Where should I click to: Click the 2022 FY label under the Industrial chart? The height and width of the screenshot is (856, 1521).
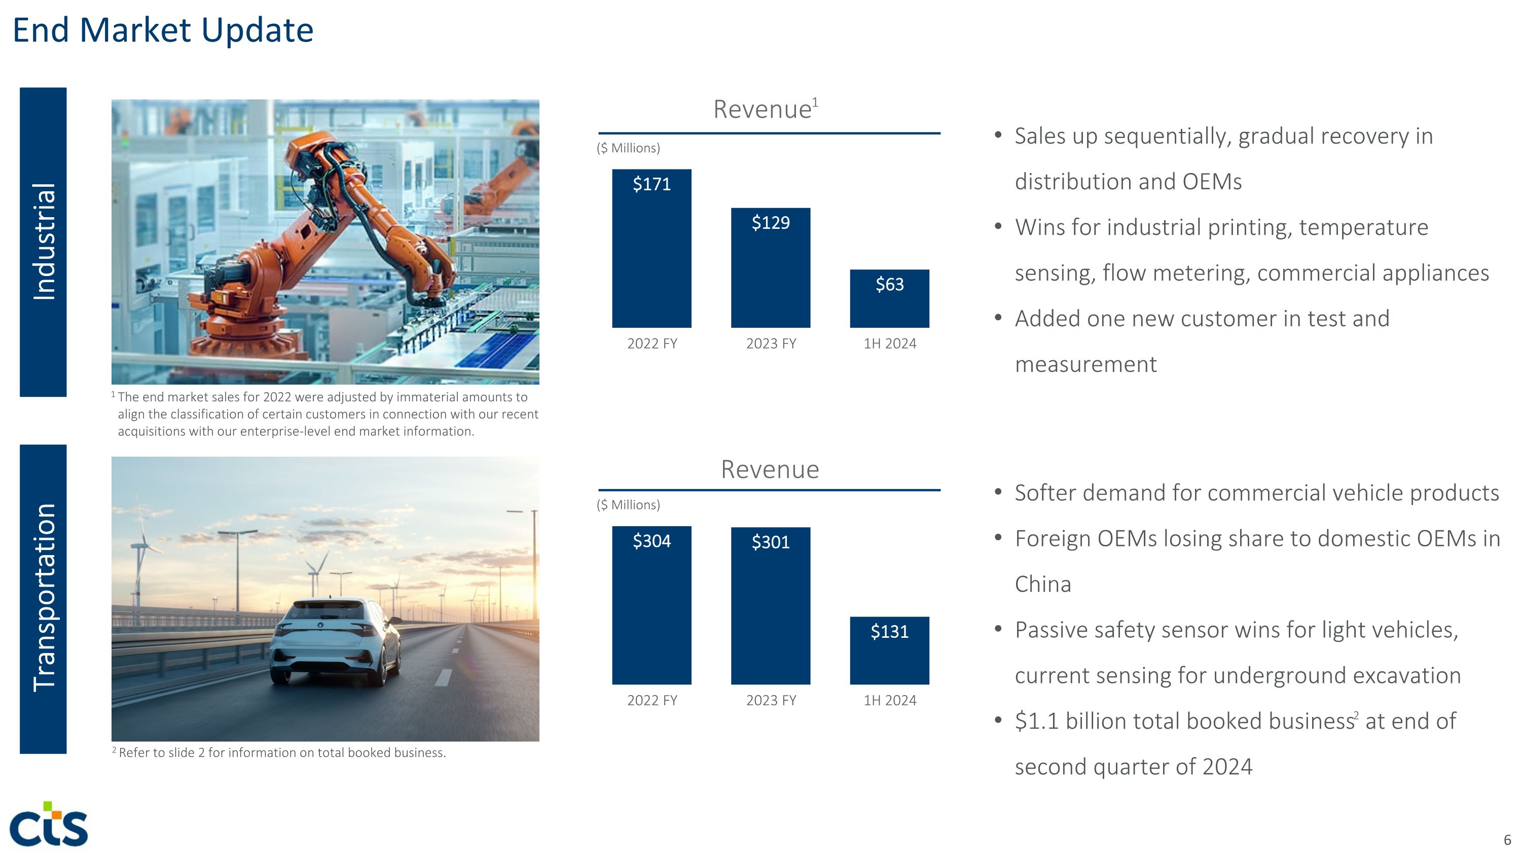point(652,343)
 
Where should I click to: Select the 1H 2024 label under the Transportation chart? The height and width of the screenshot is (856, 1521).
point(890,700)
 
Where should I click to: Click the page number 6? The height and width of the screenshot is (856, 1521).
point(1507,839)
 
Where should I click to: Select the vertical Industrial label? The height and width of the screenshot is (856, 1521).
point(44,242)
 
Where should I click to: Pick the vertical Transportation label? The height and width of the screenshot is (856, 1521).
point(44,598)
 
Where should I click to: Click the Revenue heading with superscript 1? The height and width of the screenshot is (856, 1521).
point(765,109)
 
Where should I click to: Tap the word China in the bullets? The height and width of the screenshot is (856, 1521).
point(1043,584)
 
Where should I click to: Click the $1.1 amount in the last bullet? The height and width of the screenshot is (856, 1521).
point(1037,721)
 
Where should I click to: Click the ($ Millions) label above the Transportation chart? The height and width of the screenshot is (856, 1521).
point(628,504)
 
